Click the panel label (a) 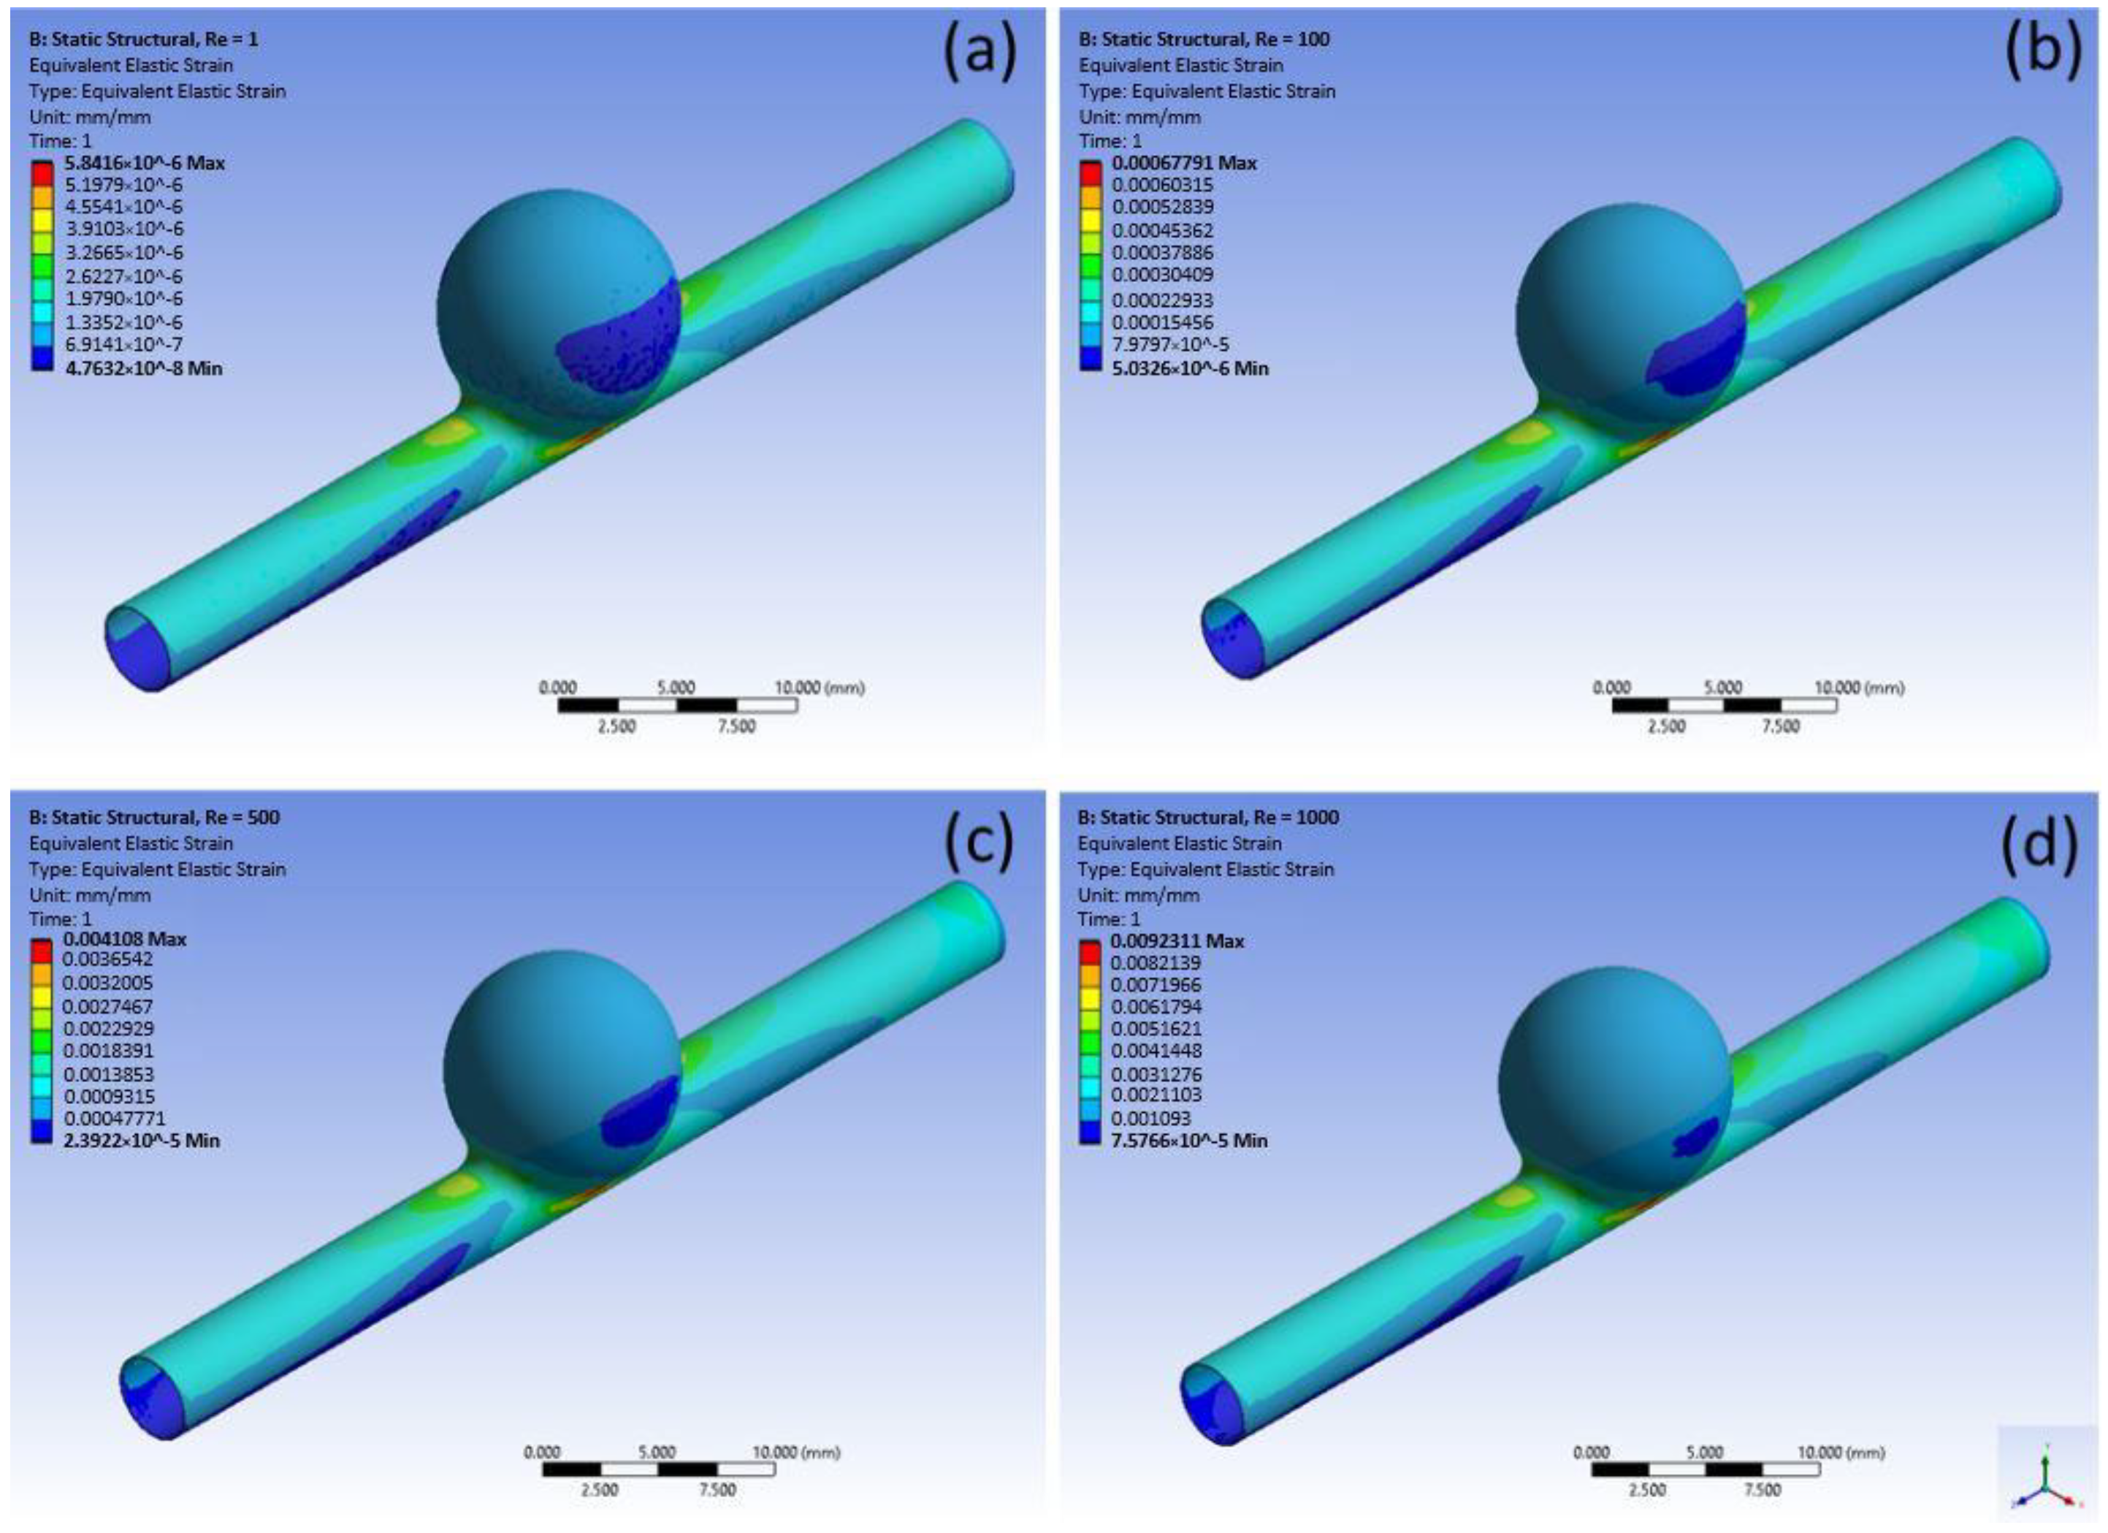pyautogui.click(x=980, y=50)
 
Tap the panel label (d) pyautogui.click(x=2039, y=844)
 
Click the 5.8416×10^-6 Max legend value pyautogui.click(x=144, y=163)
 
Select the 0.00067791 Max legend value pyautogui.click(x=1184, y=163)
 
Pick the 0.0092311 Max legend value pyautogui.click(x=1177, y=941)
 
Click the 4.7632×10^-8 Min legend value pyautogui.click(x=143, y=368)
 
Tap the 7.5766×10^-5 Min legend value pyautogui.click(x=1189, y=1140)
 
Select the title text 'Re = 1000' pyautogui.click(x=1296, y=817)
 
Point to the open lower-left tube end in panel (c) pyautogui.click(x=153, y=1399)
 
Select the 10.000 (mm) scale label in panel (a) pyautogui.click(x=819, y=688)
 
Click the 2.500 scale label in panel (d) pyautogui.click(x=1647, y=1489)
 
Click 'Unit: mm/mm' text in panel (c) pyautogui.click(x=89, y=895)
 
